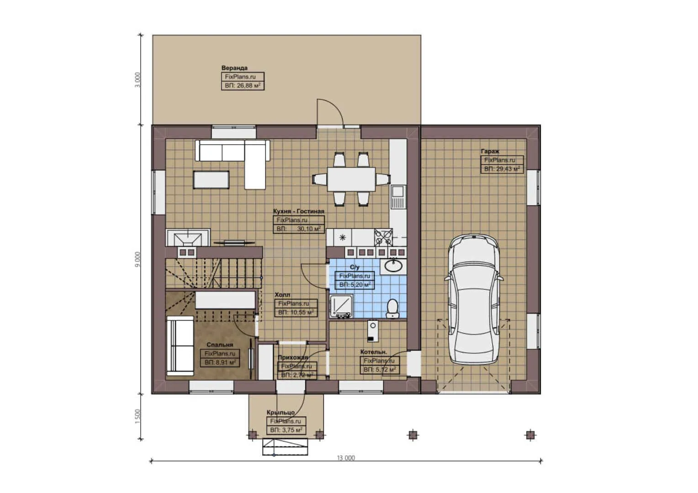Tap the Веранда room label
pos(234,68)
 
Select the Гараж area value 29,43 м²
pos(502,169)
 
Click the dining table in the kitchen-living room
pos(351,179)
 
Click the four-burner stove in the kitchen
pos(383,237)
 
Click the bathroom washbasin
pos(392,265)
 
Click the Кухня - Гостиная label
pos(298,211)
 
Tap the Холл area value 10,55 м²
pos(296,313)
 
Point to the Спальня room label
pos(220,345)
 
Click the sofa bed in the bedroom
pos(180,346)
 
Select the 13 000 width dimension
pos(346,458)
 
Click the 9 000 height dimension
pos(138,259)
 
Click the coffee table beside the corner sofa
pos(211,179)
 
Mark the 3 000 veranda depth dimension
pos(138,80)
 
